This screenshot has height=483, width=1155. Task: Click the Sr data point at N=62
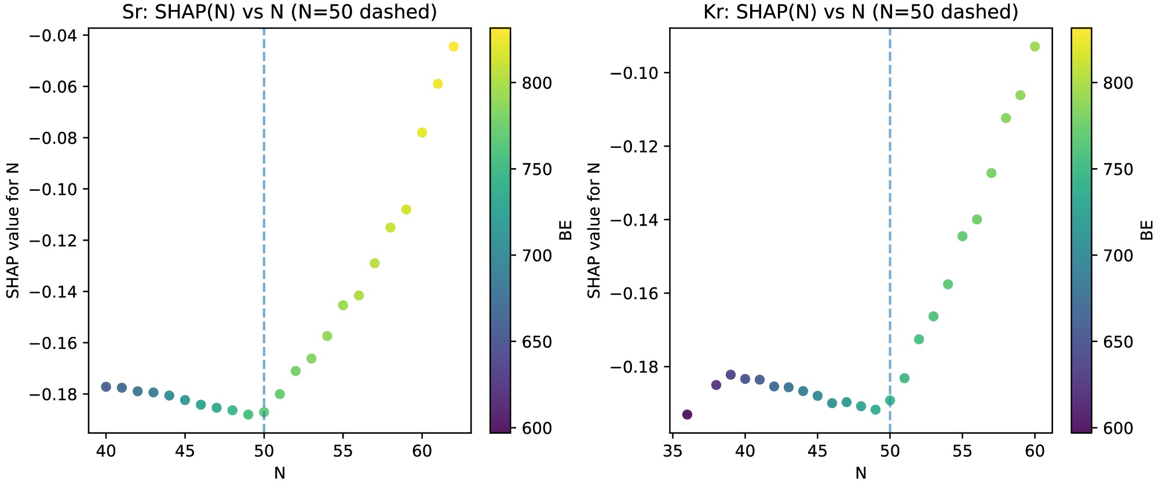[454, 46]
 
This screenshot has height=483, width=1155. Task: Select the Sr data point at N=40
[106, 387]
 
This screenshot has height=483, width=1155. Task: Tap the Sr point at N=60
[422, 132]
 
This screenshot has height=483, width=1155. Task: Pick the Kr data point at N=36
[687, 415]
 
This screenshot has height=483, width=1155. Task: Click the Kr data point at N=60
[1035, 46]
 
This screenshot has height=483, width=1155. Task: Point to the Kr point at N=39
[730, 375]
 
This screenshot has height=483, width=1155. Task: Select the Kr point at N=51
[904, 378]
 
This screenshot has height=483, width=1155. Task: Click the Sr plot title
[279, 12]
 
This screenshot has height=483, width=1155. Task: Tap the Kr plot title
[861, 12]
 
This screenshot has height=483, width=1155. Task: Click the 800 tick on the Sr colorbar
[536, 83]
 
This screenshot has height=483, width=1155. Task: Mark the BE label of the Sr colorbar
[565, 230]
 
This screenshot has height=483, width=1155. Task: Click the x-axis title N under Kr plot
[861, 473]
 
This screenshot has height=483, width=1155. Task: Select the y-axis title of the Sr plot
[13, 230]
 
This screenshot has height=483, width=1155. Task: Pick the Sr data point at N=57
[374, 263]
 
